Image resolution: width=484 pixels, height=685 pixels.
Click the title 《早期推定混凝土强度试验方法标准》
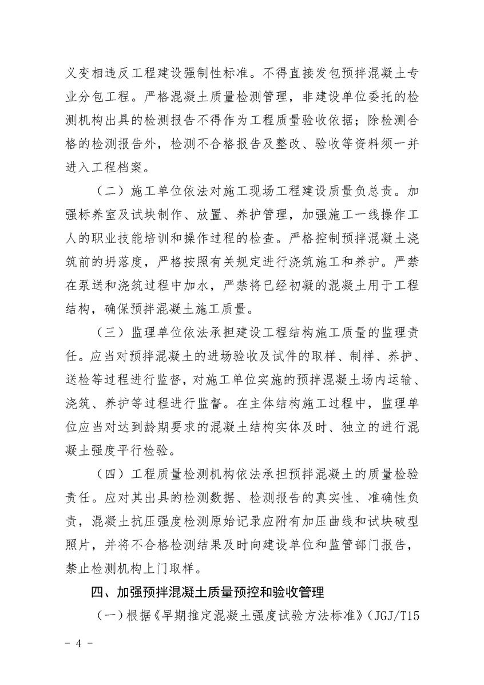point(252,616)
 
